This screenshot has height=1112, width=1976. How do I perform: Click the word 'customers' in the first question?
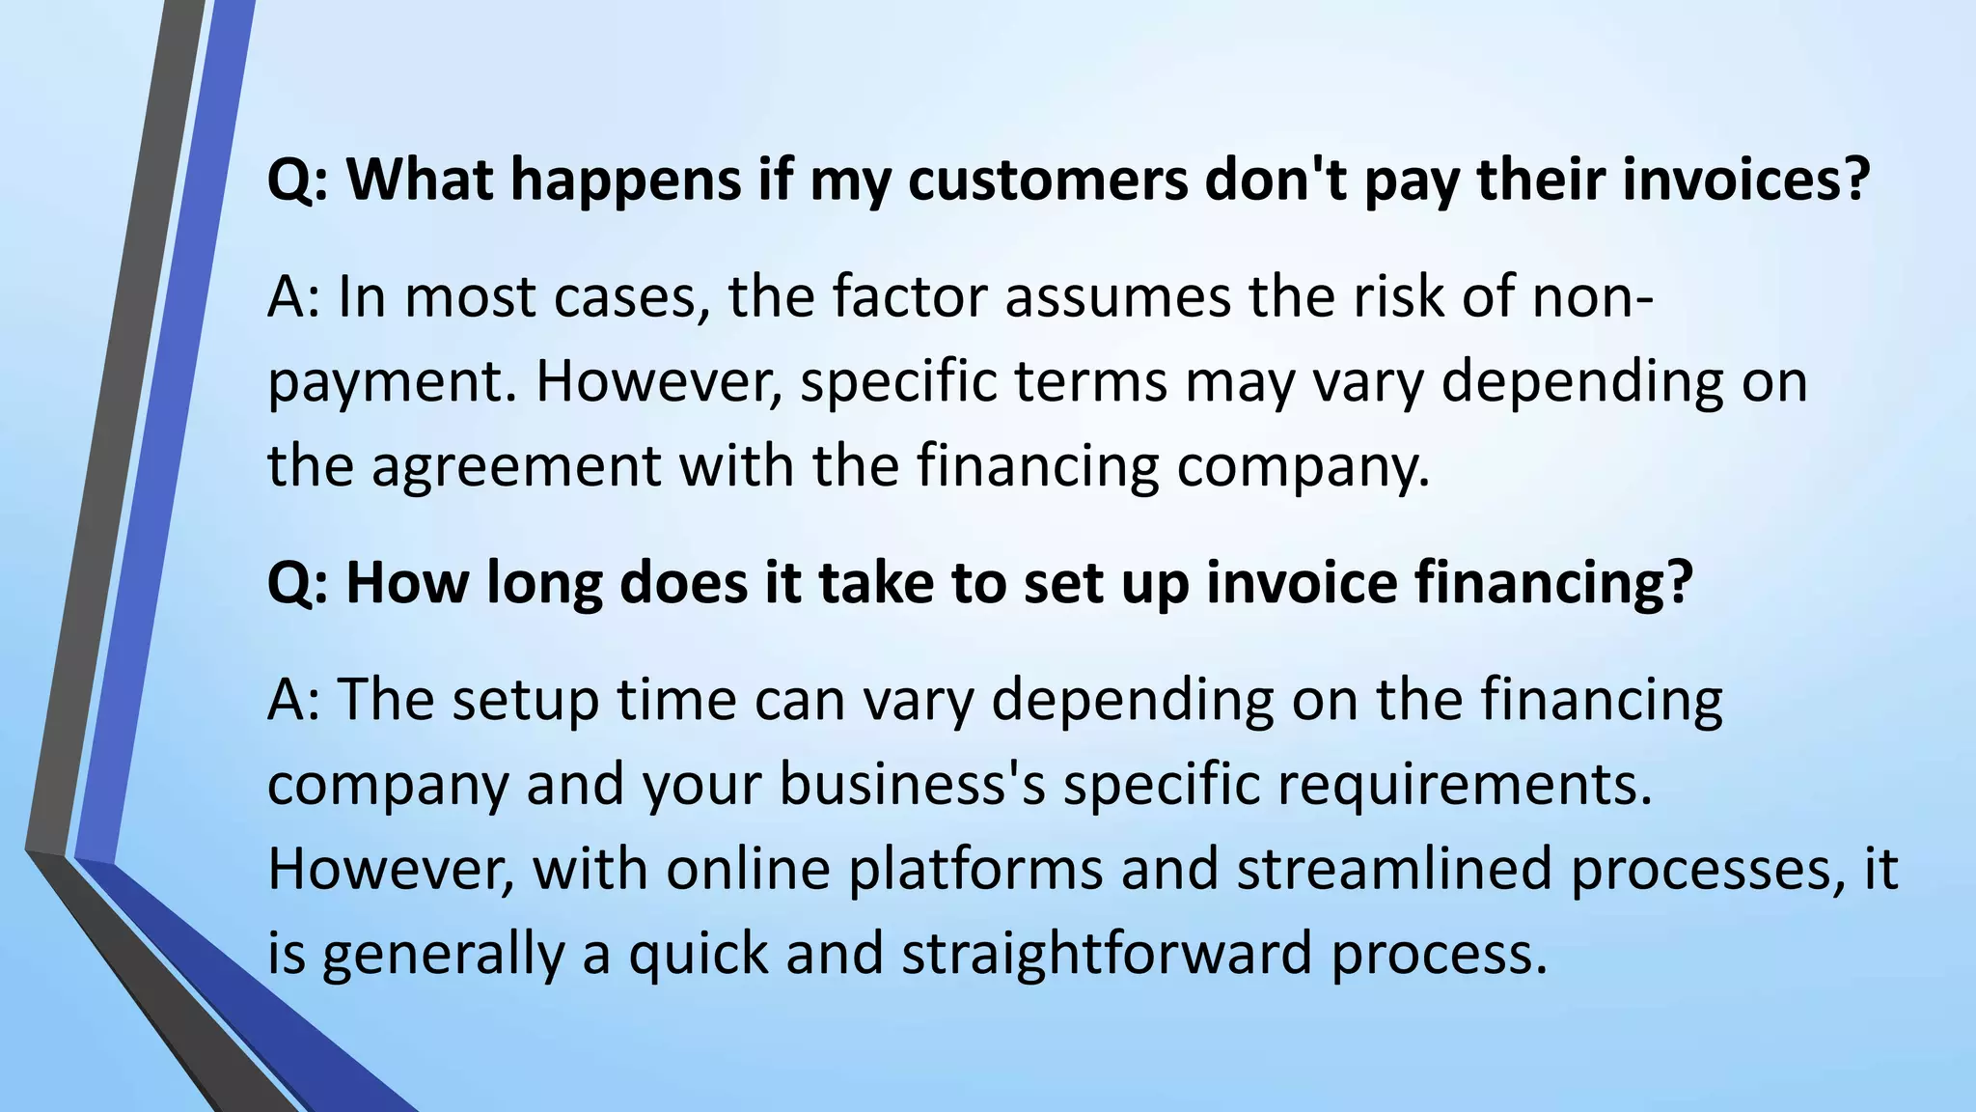coord(1047,180)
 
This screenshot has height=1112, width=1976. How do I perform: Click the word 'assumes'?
coord(1118,296)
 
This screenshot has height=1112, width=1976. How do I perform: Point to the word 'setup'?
coord(526,699)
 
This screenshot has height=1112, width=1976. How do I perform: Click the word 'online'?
coord(748,868)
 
